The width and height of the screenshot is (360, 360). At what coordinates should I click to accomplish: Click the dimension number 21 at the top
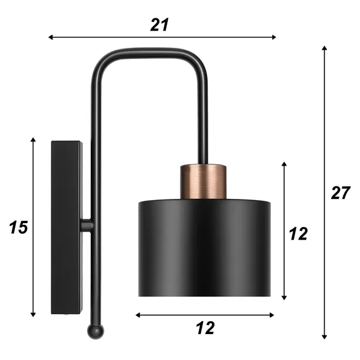159,25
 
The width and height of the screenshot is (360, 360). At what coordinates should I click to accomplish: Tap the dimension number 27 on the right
341,193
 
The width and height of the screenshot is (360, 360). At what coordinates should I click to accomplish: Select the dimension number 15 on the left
18,227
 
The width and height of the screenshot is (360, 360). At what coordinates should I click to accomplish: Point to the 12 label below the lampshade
205,328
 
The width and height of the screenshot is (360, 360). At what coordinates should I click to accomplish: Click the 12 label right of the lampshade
298,234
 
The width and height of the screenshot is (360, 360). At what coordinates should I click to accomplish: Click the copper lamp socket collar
203,181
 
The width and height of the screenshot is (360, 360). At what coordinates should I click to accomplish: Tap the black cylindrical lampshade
204,247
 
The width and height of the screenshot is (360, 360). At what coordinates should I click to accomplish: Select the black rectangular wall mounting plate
67,227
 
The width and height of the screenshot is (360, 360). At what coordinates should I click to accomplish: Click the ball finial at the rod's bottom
96,331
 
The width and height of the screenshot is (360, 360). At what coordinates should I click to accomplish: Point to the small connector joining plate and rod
87,225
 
